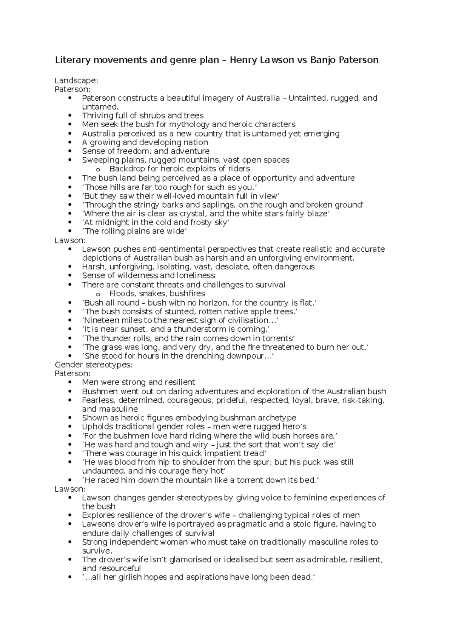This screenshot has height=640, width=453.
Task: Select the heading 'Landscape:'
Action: point(76,80)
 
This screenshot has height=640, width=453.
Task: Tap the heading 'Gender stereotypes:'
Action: point(94,365)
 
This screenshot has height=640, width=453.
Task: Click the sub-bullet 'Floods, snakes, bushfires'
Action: point(157,294)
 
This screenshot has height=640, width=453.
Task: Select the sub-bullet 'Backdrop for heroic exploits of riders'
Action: point(179,169)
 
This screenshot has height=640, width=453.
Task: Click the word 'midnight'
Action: point(114,223)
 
